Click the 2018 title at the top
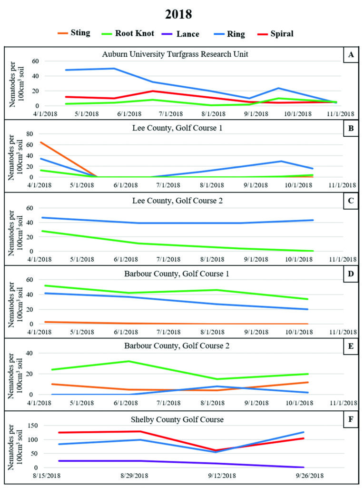178,14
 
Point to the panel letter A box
351,55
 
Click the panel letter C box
351,201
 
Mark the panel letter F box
351,419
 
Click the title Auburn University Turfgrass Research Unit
175,54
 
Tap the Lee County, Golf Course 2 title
175,201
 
